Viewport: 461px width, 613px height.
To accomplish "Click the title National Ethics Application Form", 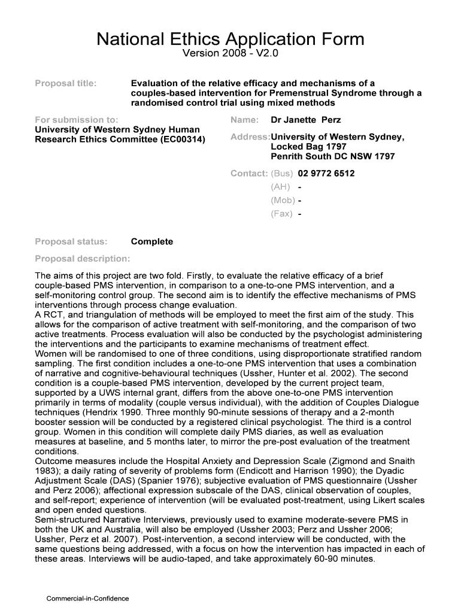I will [230, 40].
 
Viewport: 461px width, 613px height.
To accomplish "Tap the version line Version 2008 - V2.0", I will [230, 55].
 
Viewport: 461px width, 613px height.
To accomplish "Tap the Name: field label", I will [244, 120].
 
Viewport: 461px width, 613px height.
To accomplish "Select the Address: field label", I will [250, 137].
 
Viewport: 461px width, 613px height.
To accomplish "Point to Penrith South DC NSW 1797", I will [333, 156].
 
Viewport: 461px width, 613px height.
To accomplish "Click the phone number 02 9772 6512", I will [326, 174].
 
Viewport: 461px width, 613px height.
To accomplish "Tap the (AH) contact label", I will [280, 187].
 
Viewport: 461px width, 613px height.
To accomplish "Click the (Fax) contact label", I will [281, 214].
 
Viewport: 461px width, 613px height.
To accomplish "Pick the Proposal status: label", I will [71, 242].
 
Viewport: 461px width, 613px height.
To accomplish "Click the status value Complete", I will [151, 242].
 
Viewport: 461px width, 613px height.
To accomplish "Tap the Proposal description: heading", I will [82, 259].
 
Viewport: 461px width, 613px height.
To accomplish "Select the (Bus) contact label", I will [281, 174].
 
